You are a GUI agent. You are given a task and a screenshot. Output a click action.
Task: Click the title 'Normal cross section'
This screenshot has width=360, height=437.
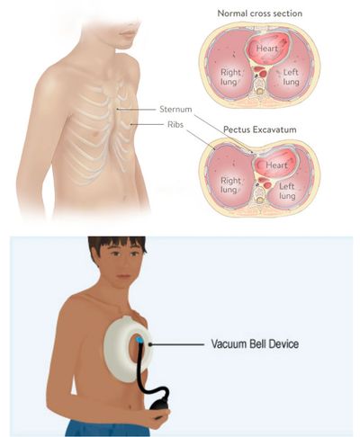[259, 13]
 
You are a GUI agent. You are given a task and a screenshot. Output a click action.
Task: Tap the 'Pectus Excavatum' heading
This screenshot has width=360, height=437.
[260, 129]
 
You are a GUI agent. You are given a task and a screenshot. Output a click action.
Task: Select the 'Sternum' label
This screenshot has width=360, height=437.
[175, 110]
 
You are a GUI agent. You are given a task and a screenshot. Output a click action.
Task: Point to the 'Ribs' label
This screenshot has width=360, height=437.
[175, 124]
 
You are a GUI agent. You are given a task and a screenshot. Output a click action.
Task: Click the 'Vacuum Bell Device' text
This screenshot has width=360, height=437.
[255, 343]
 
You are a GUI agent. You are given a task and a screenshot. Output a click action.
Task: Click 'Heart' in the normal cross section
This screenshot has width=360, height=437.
[266, 49]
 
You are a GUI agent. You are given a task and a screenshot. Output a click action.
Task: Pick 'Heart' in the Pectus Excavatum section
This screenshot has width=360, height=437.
[276, 165]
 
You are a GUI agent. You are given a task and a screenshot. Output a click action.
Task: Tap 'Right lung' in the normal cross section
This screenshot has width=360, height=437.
[230, 77]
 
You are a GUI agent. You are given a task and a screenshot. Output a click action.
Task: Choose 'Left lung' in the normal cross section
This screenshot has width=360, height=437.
[291, 77]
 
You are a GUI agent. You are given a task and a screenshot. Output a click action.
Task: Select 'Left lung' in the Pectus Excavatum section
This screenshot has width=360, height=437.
[287, 192]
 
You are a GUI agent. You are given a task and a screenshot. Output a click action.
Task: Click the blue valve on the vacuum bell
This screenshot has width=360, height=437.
[139, 340]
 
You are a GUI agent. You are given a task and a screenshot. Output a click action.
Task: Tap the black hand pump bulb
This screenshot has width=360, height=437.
[158, 406]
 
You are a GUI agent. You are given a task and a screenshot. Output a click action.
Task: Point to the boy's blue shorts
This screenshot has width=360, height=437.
[107, 428]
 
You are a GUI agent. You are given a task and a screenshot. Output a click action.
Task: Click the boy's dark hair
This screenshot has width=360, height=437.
[117, 245]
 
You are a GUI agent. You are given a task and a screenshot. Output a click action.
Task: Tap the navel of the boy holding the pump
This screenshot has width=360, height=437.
[130, 406]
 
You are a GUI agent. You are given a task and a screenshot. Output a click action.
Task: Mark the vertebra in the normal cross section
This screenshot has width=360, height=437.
[259, 87]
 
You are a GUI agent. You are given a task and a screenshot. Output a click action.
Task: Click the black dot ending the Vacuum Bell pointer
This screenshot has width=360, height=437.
[150, 344]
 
